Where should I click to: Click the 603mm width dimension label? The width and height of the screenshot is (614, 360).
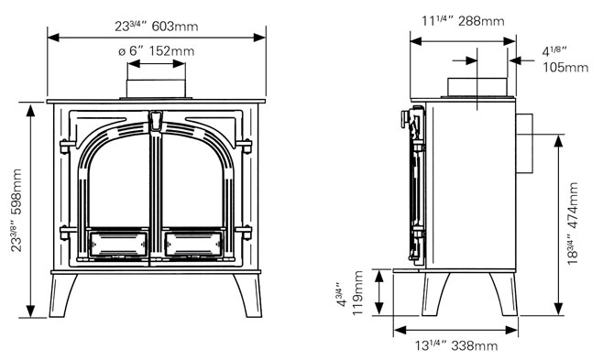[x=156, y=27]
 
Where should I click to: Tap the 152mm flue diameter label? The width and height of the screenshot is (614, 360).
[x=156, y=51]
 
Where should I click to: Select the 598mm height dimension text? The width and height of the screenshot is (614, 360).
[x=16, y=210]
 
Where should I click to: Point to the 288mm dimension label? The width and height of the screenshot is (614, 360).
[x=463, y=21]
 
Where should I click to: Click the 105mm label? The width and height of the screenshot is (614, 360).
[x=565, y=60]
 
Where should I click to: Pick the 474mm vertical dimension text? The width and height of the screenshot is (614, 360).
[x=573, y=224]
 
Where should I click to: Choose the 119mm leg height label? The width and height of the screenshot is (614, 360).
[x=352, y=293]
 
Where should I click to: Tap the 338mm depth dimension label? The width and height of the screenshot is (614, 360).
[x=456, y=346]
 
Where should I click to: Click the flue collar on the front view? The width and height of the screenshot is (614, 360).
[x=156, y=89]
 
